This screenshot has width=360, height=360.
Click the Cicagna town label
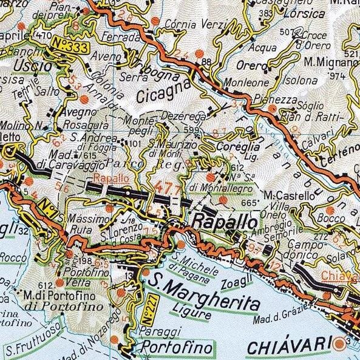[x=158, y=95]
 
